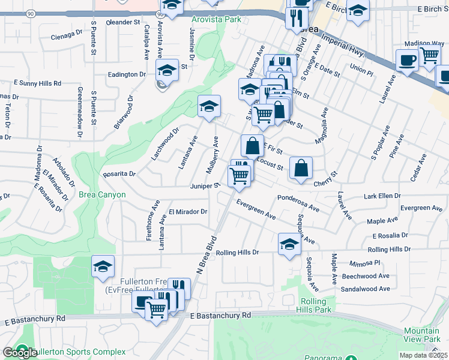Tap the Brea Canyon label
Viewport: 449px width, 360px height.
pos(102,194)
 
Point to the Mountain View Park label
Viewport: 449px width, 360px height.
pos(421,335)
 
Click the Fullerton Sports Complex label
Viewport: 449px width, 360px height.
pos(79,352)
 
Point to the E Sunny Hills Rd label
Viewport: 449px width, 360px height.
pos(37,83)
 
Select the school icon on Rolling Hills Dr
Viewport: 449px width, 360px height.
pos(289,244)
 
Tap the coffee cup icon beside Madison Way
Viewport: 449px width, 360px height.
pos(407,60)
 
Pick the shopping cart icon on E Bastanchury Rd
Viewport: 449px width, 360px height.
pos(156,310)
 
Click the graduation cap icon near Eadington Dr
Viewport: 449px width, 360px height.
pos(167,70)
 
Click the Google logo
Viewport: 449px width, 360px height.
pos(20,353)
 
